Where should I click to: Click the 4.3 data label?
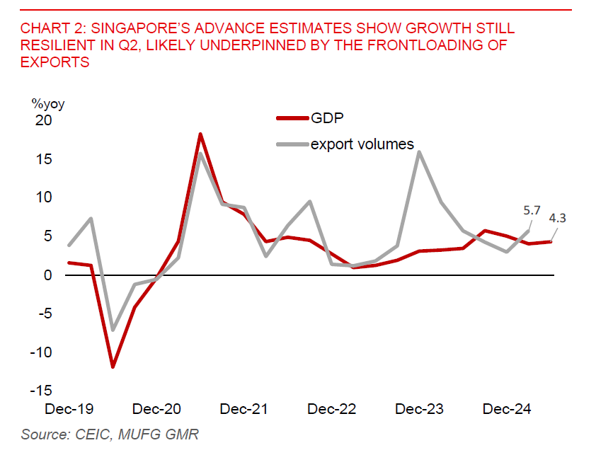coord(558,218)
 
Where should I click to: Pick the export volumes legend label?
coord(362,144)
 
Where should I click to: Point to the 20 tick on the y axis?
coord(44,120)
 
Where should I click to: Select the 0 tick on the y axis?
coord(48,275)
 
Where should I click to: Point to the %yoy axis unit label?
coord(48,104)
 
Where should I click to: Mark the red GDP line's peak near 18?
coord(201,134)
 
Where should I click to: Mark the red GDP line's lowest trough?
coord(113,367)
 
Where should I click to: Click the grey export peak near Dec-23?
coord(420,151)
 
